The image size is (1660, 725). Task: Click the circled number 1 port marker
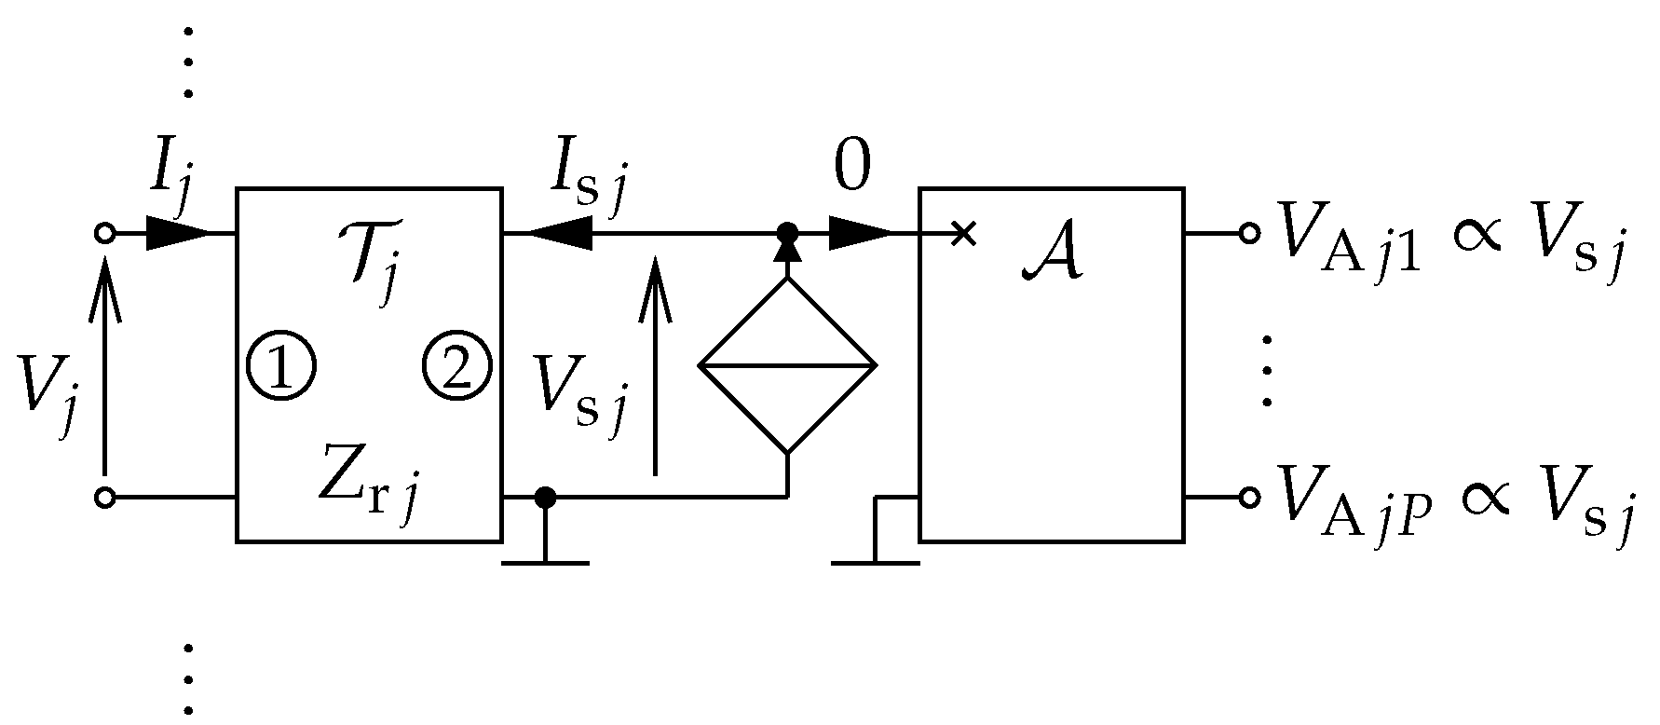pos(281,365)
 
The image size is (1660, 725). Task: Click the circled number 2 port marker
pos(456,365)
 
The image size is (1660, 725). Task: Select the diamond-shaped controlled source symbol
pos(787,365)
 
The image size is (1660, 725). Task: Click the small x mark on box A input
pos(965,233)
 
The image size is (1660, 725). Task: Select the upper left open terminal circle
pos(105,233)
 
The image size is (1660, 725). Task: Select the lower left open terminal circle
pos(105,498)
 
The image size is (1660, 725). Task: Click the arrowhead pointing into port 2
pos(559,233)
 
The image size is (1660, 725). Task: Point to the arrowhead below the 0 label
pos(859,233)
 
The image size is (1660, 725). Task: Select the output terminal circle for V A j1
pos(1250,233)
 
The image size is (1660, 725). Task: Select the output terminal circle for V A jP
pos(1250,498)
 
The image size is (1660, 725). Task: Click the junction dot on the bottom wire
pos(545,498)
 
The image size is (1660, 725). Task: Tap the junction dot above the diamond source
pos(787,231)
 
